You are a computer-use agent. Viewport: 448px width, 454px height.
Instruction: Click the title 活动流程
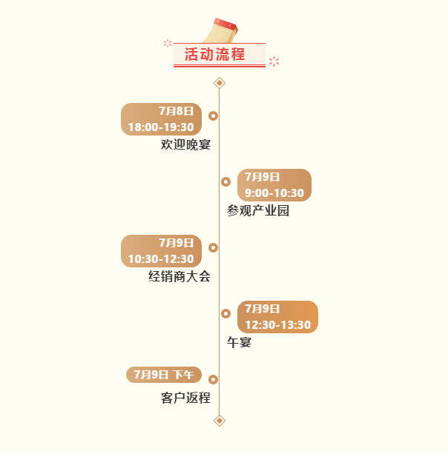point(215,54)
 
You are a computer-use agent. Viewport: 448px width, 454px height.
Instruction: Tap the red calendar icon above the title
point(220,30)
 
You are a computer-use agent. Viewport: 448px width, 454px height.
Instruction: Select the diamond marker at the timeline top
point(220,83)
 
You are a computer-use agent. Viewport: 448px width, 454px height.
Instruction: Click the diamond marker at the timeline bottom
point(220,421)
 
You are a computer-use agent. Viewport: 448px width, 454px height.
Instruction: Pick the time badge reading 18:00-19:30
point(161,119)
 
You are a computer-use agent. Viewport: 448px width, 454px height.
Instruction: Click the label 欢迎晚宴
point(186,144)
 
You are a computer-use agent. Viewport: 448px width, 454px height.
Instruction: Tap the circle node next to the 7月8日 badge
point(213,116)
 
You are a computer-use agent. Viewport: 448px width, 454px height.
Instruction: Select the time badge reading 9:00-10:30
point(274,185)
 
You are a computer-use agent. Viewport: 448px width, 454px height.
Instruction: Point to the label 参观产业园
point(258,210)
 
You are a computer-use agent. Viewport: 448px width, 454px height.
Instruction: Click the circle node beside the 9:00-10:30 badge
point(226,182)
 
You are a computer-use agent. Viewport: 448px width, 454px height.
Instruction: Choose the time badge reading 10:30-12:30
point(161,251)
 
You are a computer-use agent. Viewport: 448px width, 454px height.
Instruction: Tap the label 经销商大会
point(179,276)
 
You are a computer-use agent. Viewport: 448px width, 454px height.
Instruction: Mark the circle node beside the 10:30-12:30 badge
point(213,247)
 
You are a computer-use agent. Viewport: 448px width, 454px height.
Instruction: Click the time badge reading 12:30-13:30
point(278,317)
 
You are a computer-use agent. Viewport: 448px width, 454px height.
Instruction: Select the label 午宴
point(240,342)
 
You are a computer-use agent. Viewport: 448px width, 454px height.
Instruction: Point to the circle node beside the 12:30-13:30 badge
point(226,313)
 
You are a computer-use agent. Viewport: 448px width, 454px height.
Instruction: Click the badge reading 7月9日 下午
point(164,375)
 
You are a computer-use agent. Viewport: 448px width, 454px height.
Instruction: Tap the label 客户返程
point(186,398)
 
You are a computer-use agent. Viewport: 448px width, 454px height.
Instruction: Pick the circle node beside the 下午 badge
point(213,379)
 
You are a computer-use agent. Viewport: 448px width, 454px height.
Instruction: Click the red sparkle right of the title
point(274,61)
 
